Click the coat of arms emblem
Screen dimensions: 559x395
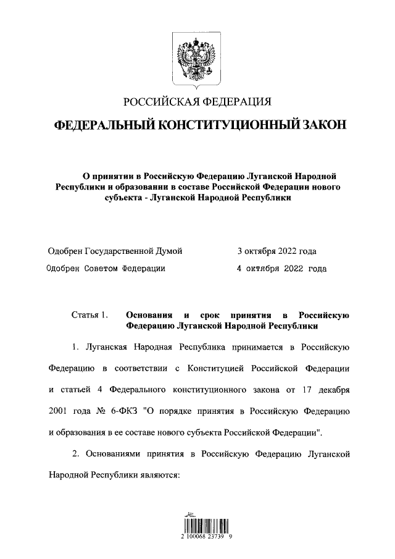pos(197,61)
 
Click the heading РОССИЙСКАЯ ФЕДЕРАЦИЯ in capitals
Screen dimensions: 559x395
pos(197,102)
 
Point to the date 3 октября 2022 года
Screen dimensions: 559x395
pos(277,251)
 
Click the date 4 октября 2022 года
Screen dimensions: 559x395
pos(282,269)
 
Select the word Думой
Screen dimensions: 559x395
pos(169,251)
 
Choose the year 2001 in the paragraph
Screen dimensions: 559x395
pos(59,411)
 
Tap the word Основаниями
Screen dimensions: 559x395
pos(114,455)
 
